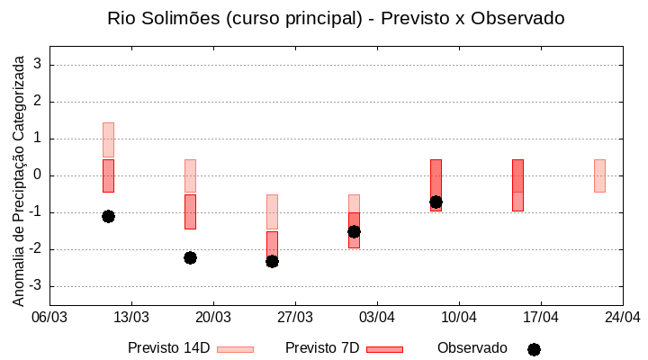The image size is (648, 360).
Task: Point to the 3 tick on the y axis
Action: pyautogui.click(x=39, y=65)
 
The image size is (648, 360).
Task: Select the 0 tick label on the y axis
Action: pyautogui.click(x=39, y=175)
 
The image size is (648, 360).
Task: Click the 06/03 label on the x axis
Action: pyautogui.click(x=49, y=317)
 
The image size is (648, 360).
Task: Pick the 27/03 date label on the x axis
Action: pyautogui.click(x=295, y=317)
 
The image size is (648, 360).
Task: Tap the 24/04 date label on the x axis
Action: pyautogui.click(x=623, y=317)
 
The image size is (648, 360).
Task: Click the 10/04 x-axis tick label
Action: pyautogui.click(x=459, y=317)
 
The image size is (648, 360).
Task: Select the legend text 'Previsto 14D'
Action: pyautogui.click(x=168, y=348)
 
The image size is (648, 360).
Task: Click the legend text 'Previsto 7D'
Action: pyautogui.click(x=322, y=348)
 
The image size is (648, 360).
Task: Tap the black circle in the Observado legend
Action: pyautogui.click(x=534, y=349)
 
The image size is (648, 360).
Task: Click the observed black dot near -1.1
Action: pyautogui.click(x=108, y=216)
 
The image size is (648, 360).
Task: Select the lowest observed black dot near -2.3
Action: pyautogui.click(x=272, y=261)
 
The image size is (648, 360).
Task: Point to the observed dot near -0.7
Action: pyautogui.click(x=436, y=202)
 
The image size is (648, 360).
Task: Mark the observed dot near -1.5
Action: pyautogui.click(x=354, y=231)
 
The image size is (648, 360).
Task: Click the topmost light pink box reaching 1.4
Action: pyautogui.click(x=108, y=139)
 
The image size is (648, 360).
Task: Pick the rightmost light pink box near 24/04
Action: pyautogui.click(x=599, y=175)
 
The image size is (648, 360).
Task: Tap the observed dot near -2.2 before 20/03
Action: pyautogui.click(x=190, y=257)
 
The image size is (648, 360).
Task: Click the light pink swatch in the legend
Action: pyautogui.click(x=235, y=349)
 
